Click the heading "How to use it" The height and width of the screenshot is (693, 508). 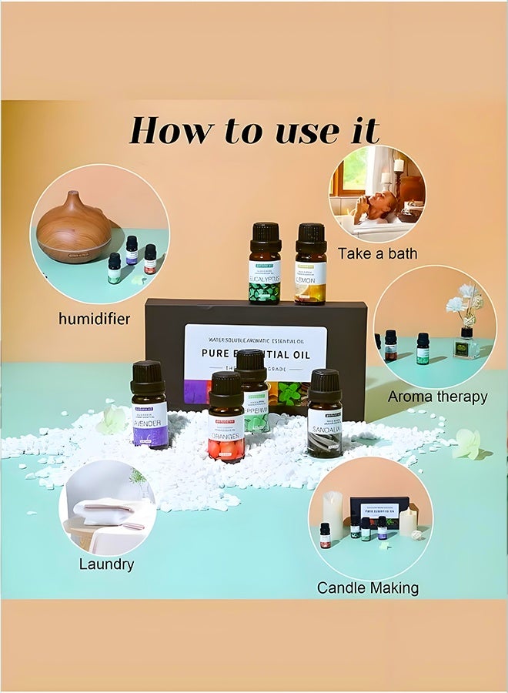tap(254, 130)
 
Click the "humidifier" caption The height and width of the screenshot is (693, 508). tap(94, 318)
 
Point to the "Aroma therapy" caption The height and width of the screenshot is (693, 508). tap(437, 397)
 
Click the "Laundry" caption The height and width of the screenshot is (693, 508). tap(106, 564)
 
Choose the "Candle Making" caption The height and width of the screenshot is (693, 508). tap(368, 588)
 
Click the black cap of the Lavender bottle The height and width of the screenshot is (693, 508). tap(148, 376)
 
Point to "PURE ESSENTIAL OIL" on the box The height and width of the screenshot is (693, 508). tap(256, 354)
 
